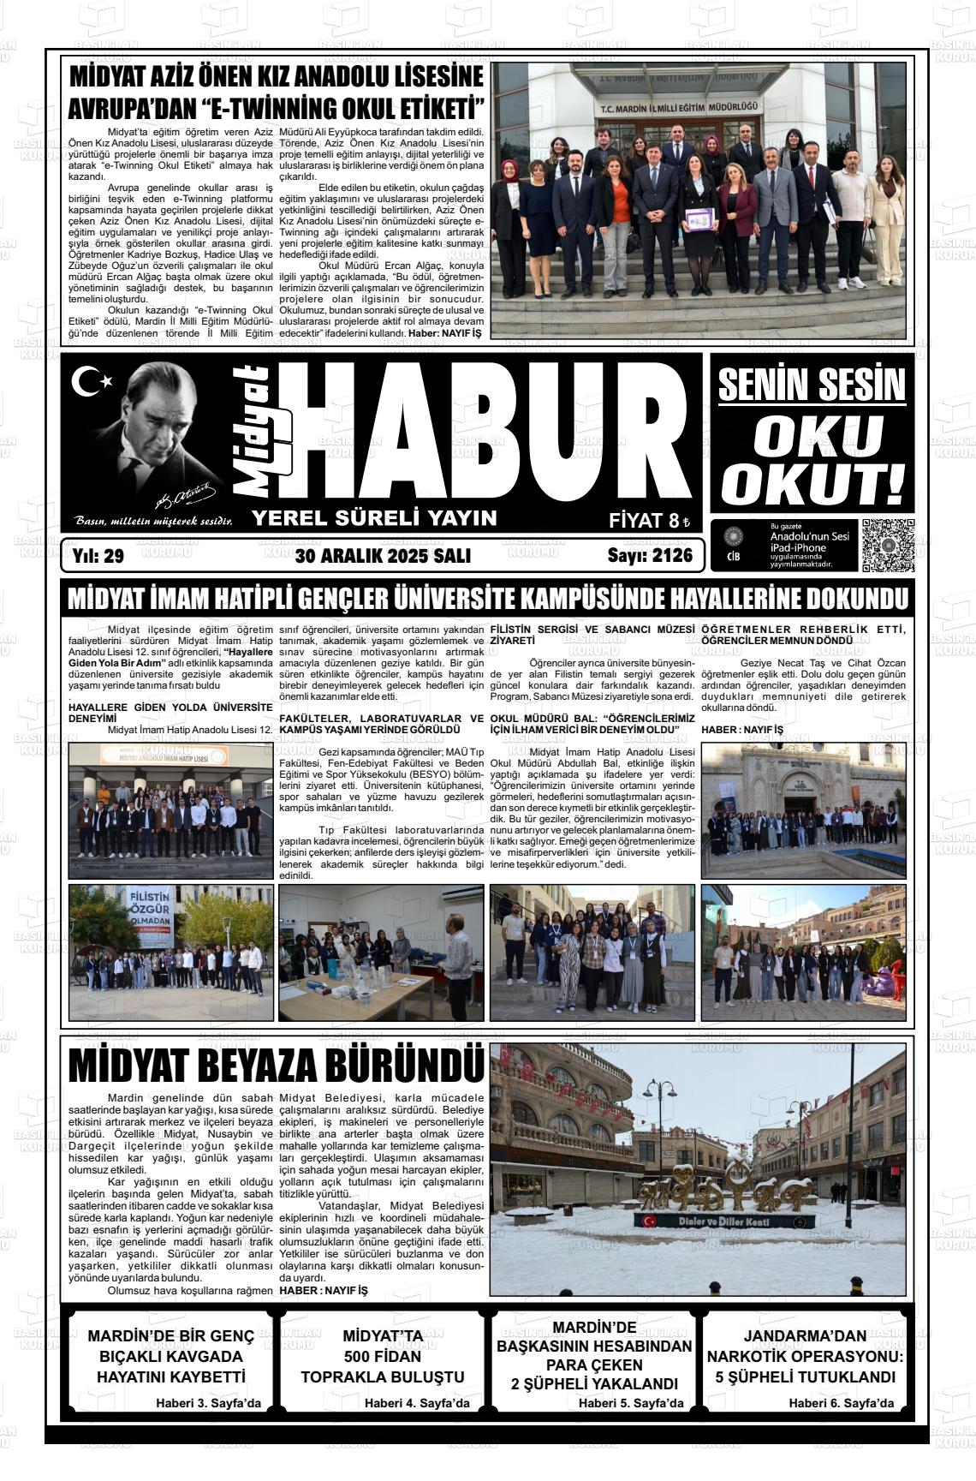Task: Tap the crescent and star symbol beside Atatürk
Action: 90,382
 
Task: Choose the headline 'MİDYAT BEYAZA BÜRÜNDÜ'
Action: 276,1066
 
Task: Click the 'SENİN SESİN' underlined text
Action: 812,385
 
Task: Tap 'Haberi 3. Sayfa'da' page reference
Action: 208,1403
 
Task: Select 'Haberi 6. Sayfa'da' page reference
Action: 841,1403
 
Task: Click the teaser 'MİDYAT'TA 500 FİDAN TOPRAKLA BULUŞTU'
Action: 383,1357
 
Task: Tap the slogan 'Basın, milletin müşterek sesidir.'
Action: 154,521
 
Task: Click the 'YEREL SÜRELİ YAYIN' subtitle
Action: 374,517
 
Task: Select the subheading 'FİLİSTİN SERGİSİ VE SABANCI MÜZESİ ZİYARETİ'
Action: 592,635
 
